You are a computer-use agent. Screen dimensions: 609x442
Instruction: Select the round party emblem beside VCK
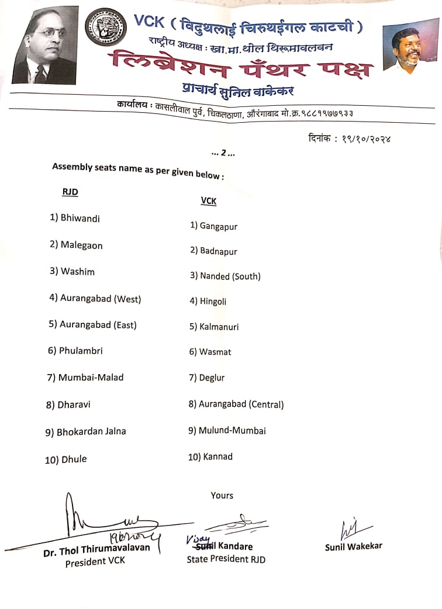click(x=106, y=30)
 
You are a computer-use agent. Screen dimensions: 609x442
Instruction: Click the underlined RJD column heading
click(x=70, y=192)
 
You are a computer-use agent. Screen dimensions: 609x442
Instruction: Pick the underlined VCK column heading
click(x=209, y=201)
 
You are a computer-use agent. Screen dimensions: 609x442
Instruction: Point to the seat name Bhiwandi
click(x=80, y=218)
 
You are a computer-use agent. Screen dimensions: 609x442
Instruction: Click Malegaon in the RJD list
click(x=81, y=245)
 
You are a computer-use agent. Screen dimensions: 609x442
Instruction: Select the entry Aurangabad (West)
click(x=100, y=299)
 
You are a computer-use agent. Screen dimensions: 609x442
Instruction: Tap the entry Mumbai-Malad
click(x=91, y=378)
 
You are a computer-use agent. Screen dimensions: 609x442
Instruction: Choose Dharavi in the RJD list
click(x=74, y=404)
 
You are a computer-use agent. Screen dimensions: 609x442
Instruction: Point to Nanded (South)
click(x=230, y=276)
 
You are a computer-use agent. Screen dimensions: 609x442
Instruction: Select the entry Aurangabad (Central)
click(x=241, y=404)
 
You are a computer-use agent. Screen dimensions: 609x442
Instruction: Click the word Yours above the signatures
click(x=222, y=496)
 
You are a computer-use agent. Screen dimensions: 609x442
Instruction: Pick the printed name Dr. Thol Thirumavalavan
click(x=96, y=548)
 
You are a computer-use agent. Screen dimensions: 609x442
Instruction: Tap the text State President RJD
click(x=226, y=559)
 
